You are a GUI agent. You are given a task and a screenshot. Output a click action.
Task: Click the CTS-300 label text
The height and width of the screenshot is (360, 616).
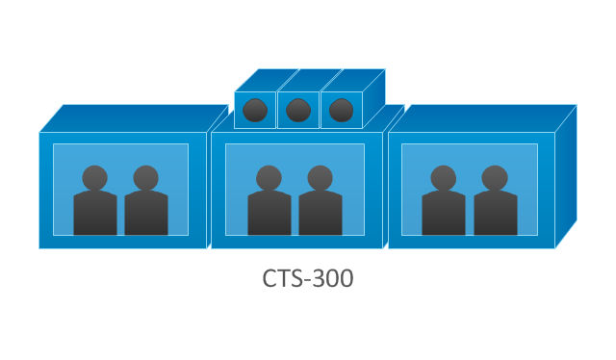[308, 278]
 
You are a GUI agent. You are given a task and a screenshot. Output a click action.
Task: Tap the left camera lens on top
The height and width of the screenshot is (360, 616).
[255, 110]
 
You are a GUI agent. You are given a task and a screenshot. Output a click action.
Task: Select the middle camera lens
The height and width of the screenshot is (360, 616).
[298, 110]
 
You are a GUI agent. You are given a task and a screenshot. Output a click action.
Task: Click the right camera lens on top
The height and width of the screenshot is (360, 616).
[341, 110]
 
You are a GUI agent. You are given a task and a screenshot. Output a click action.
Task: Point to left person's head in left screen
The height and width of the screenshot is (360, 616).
[94, 178]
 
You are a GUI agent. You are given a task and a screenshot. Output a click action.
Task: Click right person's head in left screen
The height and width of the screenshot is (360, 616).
[145, 178]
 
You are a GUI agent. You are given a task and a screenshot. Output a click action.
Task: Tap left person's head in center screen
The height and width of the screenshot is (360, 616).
[269, 178]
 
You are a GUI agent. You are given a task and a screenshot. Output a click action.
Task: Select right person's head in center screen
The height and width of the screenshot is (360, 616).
[320, 178]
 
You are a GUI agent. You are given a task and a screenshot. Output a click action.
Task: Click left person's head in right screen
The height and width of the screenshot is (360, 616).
[443, 178]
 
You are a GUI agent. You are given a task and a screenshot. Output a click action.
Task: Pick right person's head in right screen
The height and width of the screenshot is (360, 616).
[495, 178]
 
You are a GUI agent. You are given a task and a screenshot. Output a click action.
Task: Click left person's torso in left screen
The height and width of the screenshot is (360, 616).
[95, 213]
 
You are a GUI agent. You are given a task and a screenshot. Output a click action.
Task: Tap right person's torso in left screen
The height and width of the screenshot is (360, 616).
[146, 213]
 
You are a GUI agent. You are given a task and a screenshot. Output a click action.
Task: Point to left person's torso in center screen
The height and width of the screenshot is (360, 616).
[269, 213]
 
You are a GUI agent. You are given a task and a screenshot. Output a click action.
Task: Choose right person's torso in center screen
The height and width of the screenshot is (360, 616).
[321, 213]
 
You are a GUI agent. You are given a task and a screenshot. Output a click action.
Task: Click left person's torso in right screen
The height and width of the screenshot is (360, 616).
[444, 213]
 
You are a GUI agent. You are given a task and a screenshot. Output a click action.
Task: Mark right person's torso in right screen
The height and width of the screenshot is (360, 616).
[496, 213]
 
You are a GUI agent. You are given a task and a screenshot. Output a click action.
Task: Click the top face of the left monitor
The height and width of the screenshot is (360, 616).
[134, 118]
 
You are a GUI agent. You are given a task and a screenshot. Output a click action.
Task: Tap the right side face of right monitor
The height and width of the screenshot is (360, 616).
[566, 177]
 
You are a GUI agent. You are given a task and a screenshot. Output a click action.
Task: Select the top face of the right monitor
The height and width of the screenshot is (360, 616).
[482, 118]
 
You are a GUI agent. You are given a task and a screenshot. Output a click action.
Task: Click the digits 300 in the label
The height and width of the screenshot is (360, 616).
[334, 278]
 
